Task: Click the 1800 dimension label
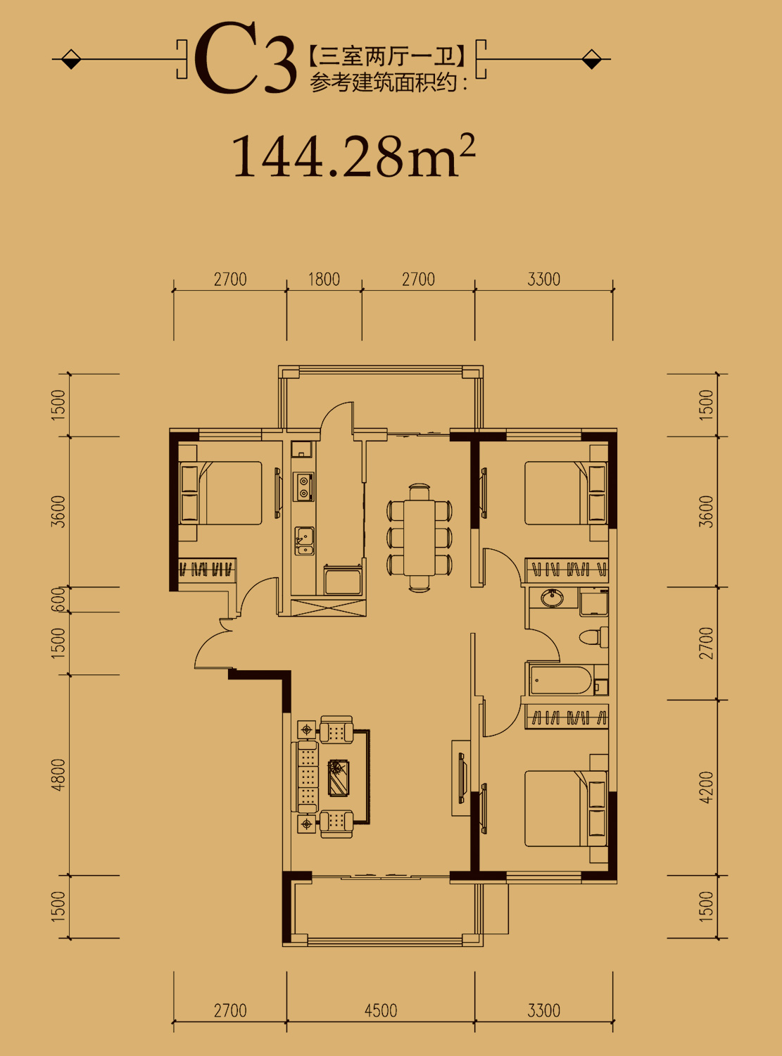tap(324, 279)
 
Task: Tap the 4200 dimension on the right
tap(707, 788)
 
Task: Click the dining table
tap(420, 537)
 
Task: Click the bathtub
tap(561, 680)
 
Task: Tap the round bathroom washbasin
tap(553, 598)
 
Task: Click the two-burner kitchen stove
tap(303, 486)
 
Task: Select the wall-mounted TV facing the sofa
tap(461, 778)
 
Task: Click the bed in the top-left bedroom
tap(221, 493)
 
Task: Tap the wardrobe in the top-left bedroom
tap(208, 568)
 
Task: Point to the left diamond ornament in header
tap(71, 59)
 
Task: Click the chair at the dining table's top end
tap(420, 491)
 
